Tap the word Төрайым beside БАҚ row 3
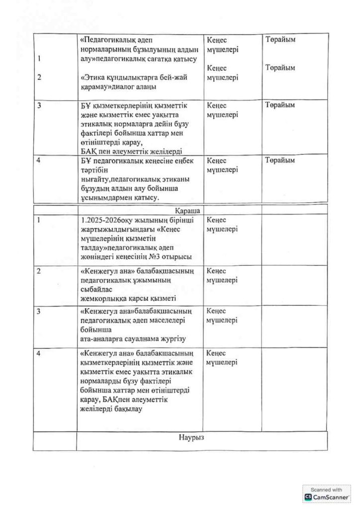(280, 105)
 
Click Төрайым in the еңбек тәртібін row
(280, 161)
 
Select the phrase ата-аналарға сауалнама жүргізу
(133, 339)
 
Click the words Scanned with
(327, 489)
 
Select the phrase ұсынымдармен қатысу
(119, 198)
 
